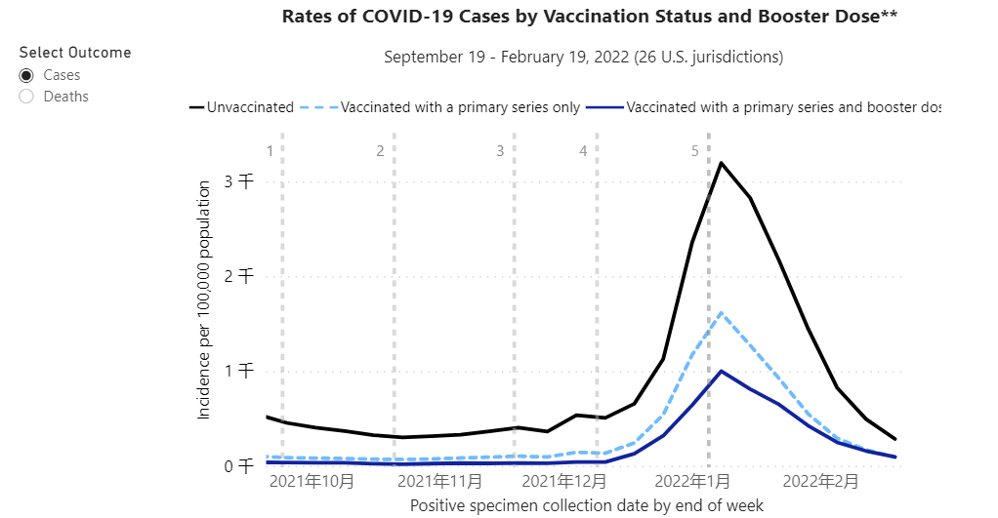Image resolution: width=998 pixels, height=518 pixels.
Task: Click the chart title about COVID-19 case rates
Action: [589, 17]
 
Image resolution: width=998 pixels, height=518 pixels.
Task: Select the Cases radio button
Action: [26, 75]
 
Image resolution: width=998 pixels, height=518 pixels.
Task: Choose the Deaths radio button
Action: [26, 97]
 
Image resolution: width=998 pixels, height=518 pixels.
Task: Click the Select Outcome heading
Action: [75, 53]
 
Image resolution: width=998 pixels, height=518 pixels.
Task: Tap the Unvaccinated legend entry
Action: [241, 107]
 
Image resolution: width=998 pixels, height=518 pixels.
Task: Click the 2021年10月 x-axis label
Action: [312, 481]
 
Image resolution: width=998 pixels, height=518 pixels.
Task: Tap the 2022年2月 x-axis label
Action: [820, 481]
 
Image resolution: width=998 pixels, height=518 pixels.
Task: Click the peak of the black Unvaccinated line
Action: [721, 163]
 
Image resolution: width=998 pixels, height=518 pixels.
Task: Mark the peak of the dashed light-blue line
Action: [721, 313]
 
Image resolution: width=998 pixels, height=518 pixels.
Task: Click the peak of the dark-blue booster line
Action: [721, 371]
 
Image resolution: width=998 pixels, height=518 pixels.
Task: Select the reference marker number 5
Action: [695, 151]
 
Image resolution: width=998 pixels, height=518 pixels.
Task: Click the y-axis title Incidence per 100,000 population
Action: [204, 299]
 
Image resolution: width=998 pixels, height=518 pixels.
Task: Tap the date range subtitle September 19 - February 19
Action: [583, 57]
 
